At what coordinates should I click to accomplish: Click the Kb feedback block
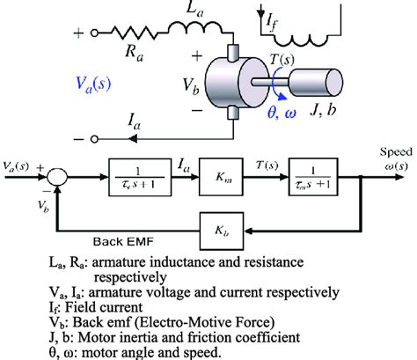pos(225,227)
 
